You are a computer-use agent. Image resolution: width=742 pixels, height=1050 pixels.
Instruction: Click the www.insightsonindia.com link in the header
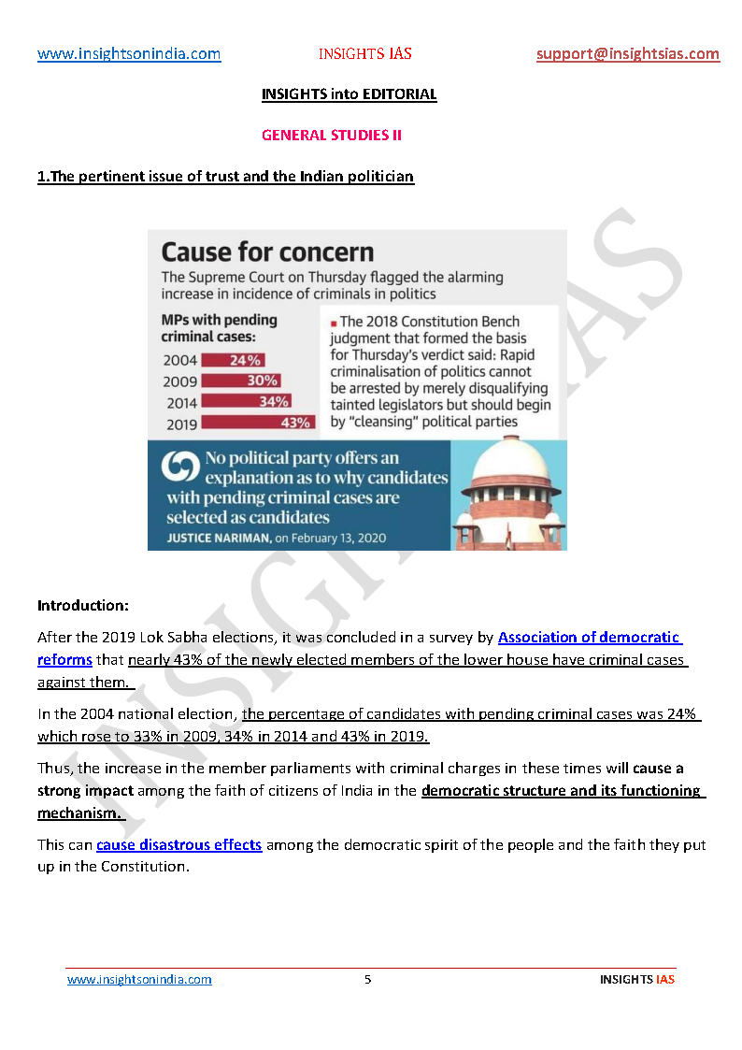pyautogui.click(x=129, y=54)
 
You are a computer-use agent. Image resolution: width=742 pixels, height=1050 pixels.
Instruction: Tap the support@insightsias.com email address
pyautogui.click(x=628, y=54)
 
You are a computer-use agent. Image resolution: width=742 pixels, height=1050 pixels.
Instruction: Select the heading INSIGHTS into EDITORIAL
pyautogui.click(x=349, y=94)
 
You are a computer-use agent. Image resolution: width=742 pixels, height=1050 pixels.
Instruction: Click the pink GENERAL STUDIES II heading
pyautogui.click(x=332, y=136)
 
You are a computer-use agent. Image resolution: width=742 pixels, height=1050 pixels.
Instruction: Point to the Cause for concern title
pyautogui.click(x=267, y=252)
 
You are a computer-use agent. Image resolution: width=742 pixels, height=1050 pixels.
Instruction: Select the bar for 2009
pyautogui.click(x=241, y=381)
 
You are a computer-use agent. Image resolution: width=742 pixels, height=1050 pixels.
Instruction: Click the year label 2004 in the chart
pyautogui.click(x=180, y=360)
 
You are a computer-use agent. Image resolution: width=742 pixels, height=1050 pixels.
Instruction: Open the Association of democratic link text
pyautogui.click(x=589, y=638)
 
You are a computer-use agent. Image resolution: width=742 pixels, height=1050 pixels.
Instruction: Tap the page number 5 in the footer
pyautogui.click(x=367, y=980)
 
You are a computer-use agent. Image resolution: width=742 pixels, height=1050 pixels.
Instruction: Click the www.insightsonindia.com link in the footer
pyautogui.click(x=139, y=980)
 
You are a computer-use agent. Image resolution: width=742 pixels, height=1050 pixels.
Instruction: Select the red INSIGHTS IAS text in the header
pyautogui.click(x=364, y=54)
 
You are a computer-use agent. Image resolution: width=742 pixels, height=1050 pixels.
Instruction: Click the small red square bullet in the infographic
pyautogui.click(x=334, y=323)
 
